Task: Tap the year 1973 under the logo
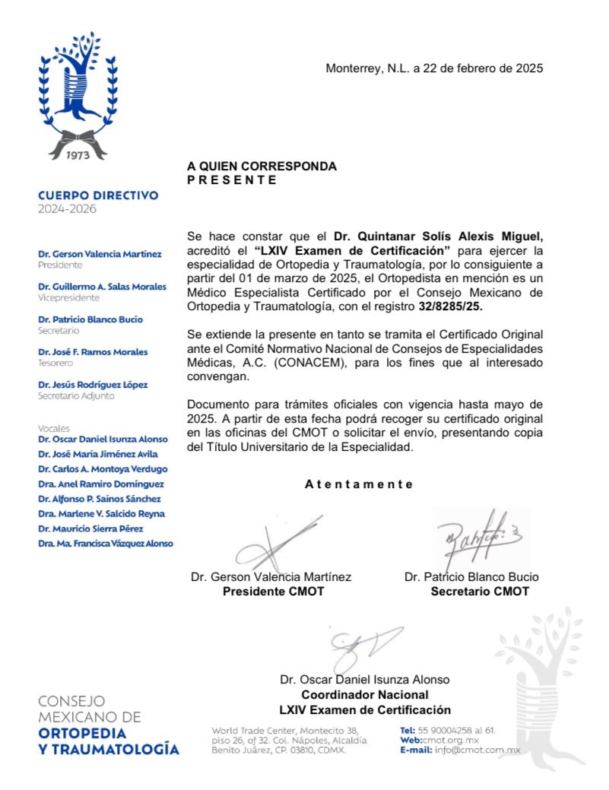point(78,154)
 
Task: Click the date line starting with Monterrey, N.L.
point(434,68)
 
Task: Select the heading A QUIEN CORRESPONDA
point(262,167)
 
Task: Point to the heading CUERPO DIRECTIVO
point(98,195)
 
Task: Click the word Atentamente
point(359,484)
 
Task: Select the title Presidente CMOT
point(273,592)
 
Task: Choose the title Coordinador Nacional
point(365,694)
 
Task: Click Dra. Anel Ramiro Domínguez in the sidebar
point(101,484)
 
